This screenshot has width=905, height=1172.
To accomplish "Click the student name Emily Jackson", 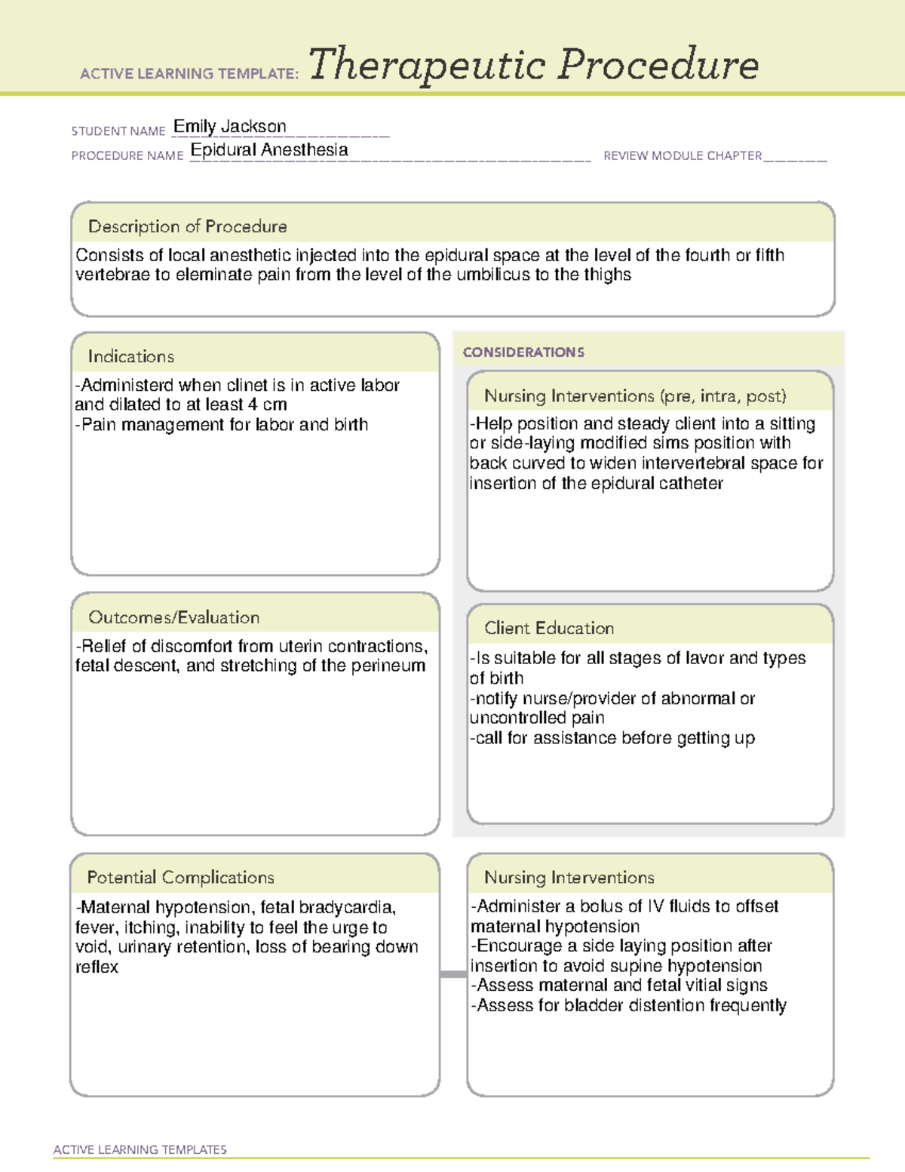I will click(x=229, y=127).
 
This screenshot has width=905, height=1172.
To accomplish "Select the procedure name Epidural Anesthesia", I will click(x=269, y=150).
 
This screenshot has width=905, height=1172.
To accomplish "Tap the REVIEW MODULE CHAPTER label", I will click(x=683, y=155).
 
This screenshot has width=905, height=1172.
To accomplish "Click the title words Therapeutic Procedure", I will click(x=533, y=65).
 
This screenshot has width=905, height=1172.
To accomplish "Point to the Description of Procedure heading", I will click(x=187, y=226).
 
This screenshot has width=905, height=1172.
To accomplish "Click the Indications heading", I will click(x=130, y=356).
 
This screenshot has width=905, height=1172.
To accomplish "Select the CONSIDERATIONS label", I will click(x=523, y=352).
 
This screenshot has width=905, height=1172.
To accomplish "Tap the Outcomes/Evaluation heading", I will click(x=173, y=617).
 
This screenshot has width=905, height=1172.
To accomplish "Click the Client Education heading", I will click(x=548, y=628).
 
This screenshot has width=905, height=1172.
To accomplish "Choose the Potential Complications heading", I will click(x=180, y=877).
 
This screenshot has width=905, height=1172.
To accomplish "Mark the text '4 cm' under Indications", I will click(x=267, y=405).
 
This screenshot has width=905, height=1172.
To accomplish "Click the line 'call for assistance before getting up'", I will click(x=612, y=738).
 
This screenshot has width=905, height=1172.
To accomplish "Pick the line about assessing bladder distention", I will click(x=628, y=1005).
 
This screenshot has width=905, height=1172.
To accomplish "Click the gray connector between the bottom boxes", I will click(x=452, y=974).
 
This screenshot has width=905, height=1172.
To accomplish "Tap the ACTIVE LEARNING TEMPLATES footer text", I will click(x=140, y=1149).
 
